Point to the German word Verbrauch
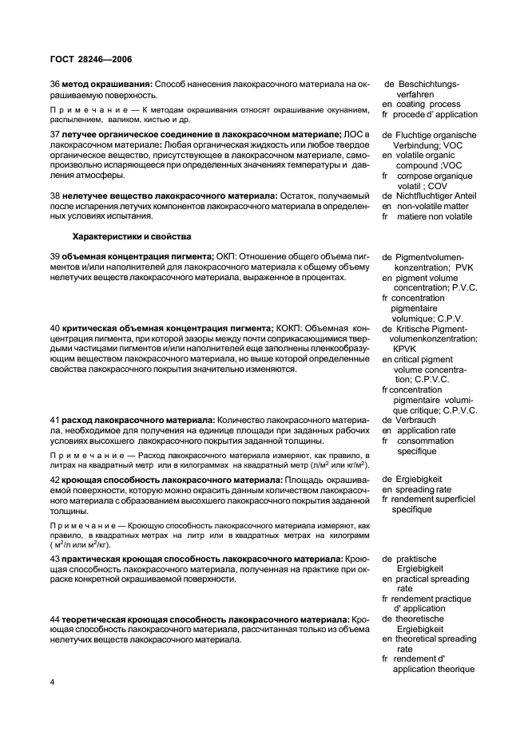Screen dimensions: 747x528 417,420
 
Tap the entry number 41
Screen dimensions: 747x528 55,420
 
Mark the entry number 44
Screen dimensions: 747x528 55,619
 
